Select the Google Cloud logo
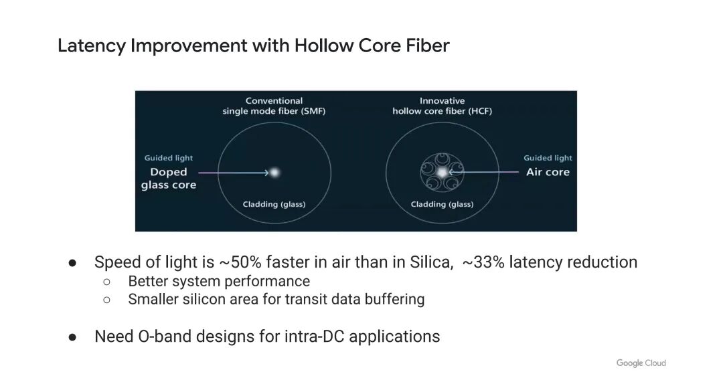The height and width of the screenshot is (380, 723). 641,363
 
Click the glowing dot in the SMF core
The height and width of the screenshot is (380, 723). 275,173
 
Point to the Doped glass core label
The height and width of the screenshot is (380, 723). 169,178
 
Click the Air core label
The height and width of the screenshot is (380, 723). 548,172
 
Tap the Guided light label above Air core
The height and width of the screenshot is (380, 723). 548,158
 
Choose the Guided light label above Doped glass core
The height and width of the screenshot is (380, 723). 169,158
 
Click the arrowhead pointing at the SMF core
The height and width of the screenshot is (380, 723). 266,173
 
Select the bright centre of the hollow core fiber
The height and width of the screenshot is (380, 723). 443,172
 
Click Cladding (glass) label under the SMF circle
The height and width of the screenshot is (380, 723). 274,204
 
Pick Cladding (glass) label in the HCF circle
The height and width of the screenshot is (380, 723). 443,204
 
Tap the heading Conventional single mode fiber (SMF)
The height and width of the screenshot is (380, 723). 274,106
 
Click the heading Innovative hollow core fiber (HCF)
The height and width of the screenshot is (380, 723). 443,106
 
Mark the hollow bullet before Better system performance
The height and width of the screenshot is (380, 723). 106,282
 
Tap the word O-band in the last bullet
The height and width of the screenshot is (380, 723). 165,337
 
